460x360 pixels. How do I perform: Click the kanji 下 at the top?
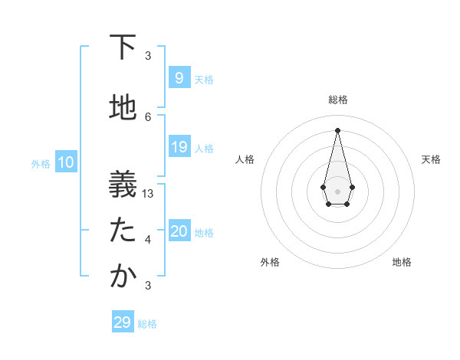[123, 47]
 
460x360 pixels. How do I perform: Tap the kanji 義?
[123, 183]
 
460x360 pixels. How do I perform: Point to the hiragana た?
[123, 230]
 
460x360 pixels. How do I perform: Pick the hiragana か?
[123, 277]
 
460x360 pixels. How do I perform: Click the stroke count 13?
[148, 194]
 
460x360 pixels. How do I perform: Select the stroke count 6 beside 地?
[148, 117]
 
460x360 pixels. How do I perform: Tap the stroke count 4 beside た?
[148, 240]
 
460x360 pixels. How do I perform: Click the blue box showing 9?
[179, 77]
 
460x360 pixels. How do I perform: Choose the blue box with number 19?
[179, 147]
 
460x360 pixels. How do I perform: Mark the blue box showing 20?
[179, 231]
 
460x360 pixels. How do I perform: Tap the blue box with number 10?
[66, 162]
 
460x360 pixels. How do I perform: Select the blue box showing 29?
[122, 322]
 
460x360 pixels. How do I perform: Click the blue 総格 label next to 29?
[147, 324]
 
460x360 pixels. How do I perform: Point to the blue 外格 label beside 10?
[41, 163]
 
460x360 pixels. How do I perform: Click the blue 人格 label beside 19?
[204, 148]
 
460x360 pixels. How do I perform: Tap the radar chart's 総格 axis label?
[337, 100]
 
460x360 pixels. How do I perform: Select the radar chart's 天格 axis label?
[431, 159]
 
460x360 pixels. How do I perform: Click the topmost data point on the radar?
[337, 129]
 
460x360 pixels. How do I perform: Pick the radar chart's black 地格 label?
[402, 262]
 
